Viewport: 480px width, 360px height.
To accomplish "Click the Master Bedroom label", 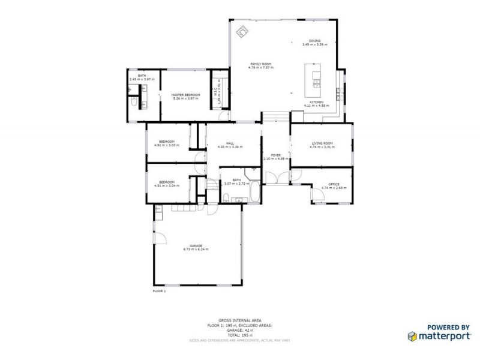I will coord(185,95).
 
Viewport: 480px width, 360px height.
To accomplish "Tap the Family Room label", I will coord(261,64).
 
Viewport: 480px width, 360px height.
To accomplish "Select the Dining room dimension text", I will coord(315,44).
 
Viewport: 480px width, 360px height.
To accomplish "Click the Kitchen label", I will coord(317,103).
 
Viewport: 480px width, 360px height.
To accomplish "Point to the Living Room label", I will coord(322,143).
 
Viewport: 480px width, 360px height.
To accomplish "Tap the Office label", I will coord(334,184).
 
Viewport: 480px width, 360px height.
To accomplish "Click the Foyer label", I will coord(275,155).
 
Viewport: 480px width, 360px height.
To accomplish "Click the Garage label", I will coord(196,246).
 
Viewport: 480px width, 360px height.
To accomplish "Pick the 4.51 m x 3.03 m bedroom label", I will coord(167,142).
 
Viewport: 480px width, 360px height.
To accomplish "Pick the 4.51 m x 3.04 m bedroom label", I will coord(167,182).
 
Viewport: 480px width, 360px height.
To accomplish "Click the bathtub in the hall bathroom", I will coord(254,193).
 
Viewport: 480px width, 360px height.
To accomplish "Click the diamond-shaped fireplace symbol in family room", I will coord(242,31).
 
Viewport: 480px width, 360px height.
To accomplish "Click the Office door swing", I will coord(316,193).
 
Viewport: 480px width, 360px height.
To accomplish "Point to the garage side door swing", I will coord(160,239).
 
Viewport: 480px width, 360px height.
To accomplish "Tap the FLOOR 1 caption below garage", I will coord(160,291).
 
